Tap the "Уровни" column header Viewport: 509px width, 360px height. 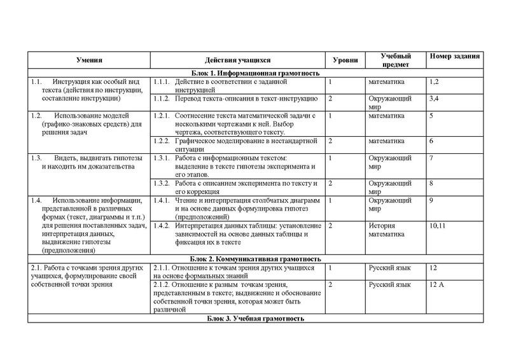pos(345,60)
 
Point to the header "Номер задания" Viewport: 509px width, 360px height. pos(454,56)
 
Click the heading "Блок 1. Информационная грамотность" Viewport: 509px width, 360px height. pos(254,73)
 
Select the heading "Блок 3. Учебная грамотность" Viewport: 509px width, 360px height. pos(254,318)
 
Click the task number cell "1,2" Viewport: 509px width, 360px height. pos(435,82)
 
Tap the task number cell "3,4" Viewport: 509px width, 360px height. pos(435,99)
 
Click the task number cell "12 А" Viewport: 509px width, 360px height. pos(437,285)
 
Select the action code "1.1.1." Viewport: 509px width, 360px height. pos(164,82)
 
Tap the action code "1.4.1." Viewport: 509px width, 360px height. pos(164,200)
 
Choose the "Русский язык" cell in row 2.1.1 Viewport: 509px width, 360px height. pos(387,268)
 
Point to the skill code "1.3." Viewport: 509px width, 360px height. pos(36,158)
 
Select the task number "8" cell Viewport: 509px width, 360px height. pos(432,183)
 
